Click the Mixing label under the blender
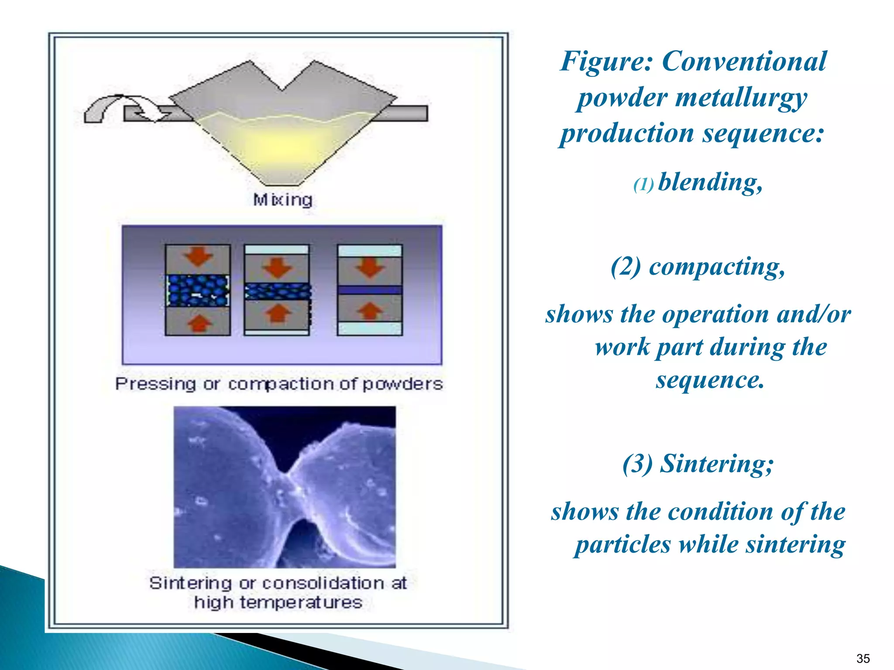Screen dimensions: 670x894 click(283, 200)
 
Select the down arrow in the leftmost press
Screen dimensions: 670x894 click(198, 256)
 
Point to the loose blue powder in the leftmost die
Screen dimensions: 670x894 click(198, 290)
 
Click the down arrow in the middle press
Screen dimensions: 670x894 click(276, 267)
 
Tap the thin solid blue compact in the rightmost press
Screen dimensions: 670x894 click(370, 290)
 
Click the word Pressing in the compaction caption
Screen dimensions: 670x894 click(155, 384)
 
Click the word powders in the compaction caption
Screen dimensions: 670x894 click(402, 384)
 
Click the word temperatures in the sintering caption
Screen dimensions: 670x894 click(301, 602)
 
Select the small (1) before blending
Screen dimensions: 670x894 click(643, 185)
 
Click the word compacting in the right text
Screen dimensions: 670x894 click(716, 267)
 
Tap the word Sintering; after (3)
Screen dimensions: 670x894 click(716, 463)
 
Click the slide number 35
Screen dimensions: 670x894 click(863, 658)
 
